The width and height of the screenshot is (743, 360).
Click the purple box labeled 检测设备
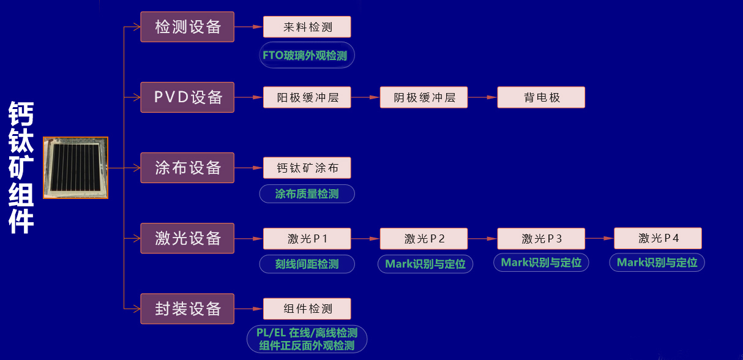pos(187,27)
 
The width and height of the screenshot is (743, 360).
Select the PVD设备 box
pos(187,97)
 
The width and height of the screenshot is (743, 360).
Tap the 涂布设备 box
pos(187,168)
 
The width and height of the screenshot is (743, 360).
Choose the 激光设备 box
pos(187,238)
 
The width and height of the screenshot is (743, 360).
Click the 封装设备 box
pos(187,309)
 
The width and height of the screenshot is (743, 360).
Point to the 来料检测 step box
pos(307,27)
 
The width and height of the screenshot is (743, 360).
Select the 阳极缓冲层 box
pos(307,97)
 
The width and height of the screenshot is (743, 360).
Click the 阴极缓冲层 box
pos(424,97)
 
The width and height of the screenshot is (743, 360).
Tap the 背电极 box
pos(541,97)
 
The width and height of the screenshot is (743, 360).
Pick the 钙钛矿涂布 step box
pos(307,168)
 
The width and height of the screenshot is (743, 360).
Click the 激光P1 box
pos(307,239)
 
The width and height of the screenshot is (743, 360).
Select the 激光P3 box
pos(541,239)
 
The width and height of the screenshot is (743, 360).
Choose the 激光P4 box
pos(658,238)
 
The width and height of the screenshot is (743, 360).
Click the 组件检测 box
pos(307,309)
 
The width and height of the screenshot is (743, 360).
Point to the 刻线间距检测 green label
pos(307,264)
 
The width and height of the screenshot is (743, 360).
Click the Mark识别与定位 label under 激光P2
pos(425,264)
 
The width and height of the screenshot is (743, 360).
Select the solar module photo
pos(75,168)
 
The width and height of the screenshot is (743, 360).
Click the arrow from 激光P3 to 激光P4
pos(599,238)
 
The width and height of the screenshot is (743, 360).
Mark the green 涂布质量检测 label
pos(307,194)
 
